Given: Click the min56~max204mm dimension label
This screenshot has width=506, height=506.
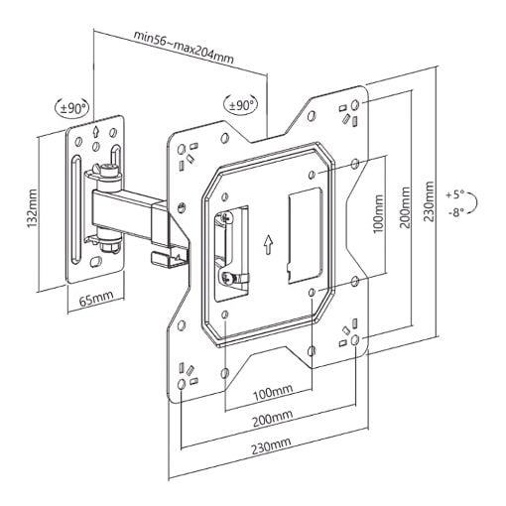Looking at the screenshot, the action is click(x=184, y=48).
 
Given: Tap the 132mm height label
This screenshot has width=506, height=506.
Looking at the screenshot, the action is click(x=32, y=208).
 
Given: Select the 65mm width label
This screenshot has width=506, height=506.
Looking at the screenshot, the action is click(x=96, y=298).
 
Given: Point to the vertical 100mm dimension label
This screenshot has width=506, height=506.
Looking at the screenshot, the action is click(x=379, y=214).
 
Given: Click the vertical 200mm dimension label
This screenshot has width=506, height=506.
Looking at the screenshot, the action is click(x=405, y=207).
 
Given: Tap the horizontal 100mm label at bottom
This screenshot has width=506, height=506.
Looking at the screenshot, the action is click(x=273, y=392).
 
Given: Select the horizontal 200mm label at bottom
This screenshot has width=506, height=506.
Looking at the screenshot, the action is click(x=273, y=419).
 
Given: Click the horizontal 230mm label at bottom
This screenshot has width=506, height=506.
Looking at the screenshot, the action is click(x=271, y=445).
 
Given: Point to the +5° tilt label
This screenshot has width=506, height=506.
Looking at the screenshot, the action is click(x=455, y=194).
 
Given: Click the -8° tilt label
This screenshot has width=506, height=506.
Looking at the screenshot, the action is click(x=456, y=212).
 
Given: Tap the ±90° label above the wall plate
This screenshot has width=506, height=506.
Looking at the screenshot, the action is click(x=72, y=107).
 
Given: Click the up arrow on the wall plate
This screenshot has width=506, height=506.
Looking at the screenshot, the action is click(x=95, y=132).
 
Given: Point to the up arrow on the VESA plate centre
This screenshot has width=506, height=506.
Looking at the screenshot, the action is click(x=268, y=245).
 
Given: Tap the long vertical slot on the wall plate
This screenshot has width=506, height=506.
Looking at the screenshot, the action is click(x=75, y=209).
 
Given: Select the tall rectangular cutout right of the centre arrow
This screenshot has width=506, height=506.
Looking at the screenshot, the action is click(x=305, y=235).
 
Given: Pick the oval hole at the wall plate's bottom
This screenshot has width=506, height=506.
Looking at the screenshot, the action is click(x=95, y=262).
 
